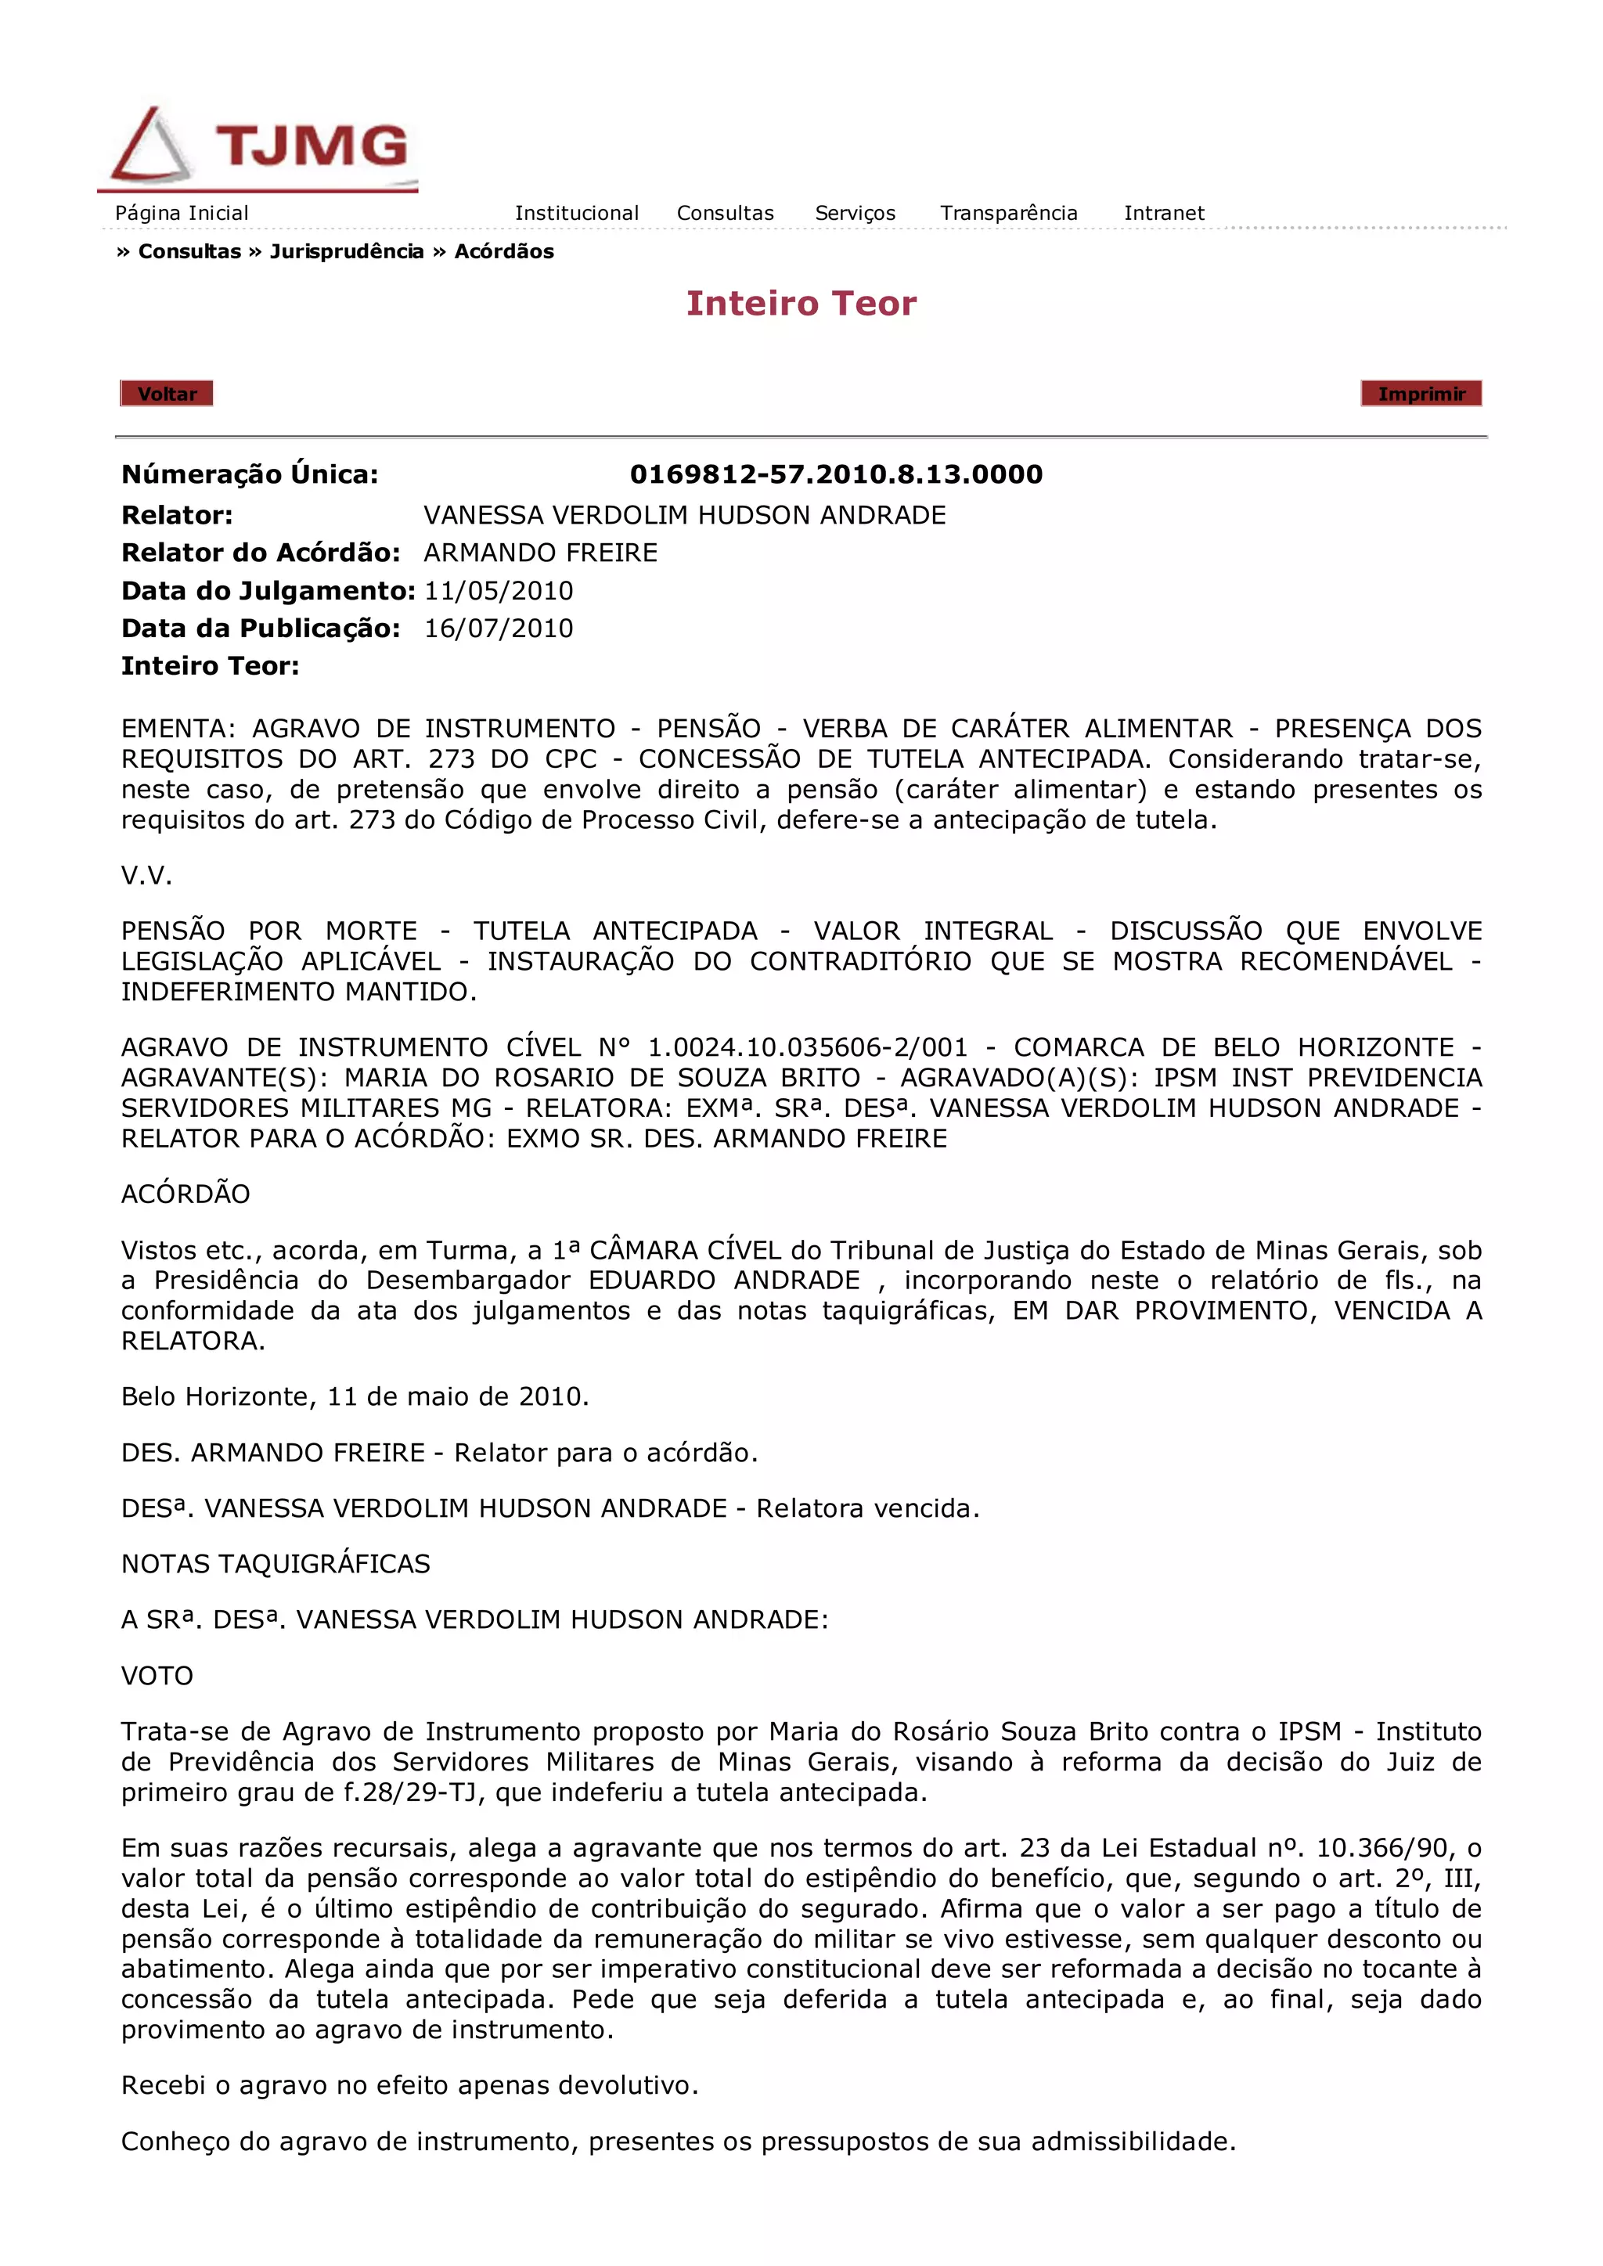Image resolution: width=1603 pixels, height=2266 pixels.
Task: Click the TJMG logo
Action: (258, 148)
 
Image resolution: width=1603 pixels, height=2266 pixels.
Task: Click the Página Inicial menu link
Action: (182, 213)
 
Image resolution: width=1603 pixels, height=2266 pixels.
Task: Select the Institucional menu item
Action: (576, 213)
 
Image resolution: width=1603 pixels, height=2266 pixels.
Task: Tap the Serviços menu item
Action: (855, 213)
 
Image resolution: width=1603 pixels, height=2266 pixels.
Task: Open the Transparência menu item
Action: (1008, 213)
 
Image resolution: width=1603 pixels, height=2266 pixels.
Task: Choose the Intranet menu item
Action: (1164, 213)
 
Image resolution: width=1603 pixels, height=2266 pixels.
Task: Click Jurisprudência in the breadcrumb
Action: (347, 252)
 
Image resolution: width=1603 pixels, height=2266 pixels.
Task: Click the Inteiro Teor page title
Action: (801, 303)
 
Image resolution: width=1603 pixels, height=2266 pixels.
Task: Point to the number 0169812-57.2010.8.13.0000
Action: (836, 474)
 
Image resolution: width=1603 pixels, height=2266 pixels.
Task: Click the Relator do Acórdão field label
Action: (261, 553)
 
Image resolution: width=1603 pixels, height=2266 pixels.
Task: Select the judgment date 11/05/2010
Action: (499, 591)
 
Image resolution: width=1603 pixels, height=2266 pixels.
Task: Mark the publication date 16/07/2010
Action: (499, 629)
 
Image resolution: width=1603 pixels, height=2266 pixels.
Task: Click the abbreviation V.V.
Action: (146, 875)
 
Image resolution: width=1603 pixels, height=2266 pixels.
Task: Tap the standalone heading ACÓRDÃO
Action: (186, 1194)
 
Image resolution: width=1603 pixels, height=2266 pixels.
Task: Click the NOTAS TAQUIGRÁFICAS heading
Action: (276, 1565)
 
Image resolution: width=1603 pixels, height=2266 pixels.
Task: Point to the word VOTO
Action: (157, 1676)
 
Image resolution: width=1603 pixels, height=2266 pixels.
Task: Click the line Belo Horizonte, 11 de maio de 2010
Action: (355, 1396)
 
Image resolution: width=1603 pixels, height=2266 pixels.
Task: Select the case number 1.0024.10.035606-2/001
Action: (808, 1047)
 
